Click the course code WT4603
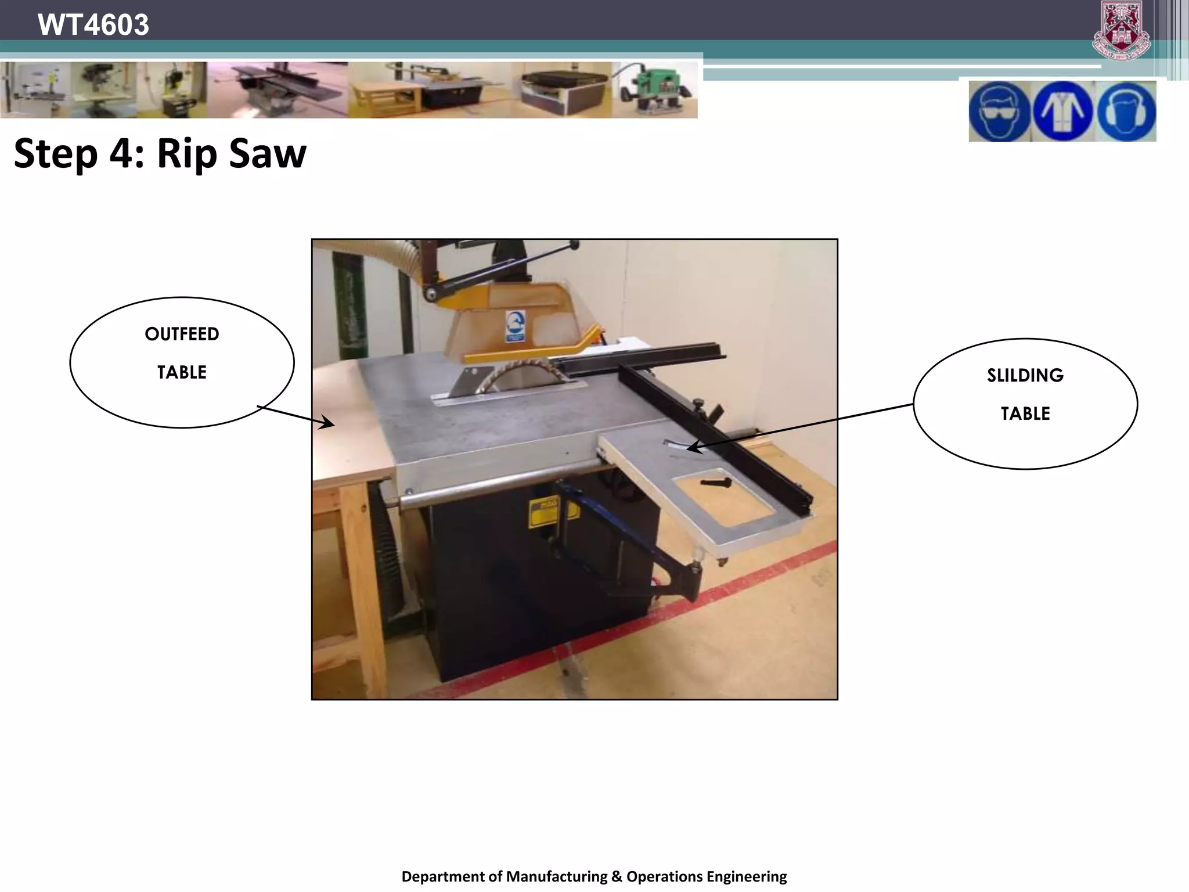click(93, 25)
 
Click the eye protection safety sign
click(999, 111)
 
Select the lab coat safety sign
click(1062, 111)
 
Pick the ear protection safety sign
click(1126, 111)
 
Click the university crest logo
click(1121, 30)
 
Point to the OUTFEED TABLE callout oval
click(182, 362)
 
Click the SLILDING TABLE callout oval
click(1025, 404)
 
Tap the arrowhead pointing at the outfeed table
click(329, 423)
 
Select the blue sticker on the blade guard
click(514, 325)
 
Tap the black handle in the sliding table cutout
click(715, 483)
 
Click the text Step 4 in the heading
click(79, 154)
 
